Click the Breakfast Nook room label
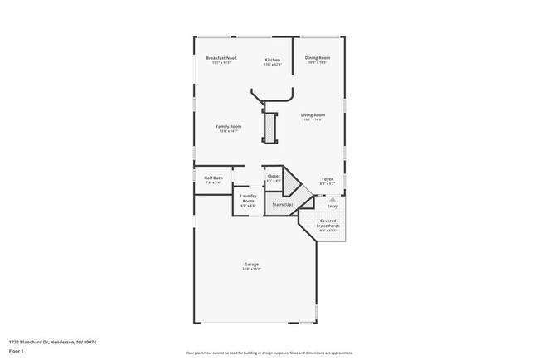point(221,58)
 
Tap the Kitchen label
point(272,60)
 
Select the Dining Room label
point(317,58)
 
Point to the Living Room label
point(313,114)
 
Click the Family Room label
point(229,126)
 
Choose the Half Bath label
point(213,178)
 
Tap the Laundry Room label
point(248,198)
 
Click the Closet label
point(274,176)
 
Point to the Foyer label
point(327,178)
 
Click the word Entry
point(333,206)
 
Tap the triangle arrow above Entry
point(333,199)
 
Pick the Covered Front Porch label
point(328,224)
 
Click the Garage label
point(251,265)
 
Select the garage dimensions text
point(251,270)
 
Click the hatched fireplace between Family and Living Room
point(269,126)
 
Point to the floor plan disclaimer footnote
point(269,353)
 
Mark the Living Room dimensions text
point(313,119)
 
